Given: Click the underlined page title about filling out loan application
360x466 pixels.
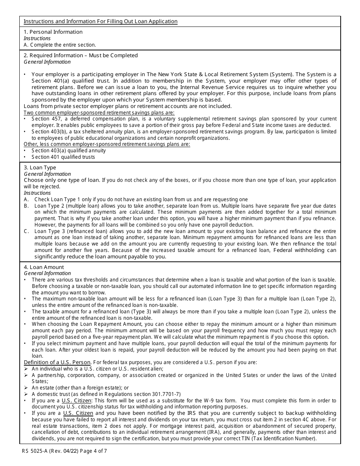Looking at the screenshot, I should pos(100,21).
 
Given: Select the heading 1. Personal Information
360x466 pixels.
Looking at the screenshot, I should pos(53,32).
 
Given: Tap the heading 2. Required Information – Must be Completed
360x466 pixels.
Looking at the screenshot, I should pos(81,55).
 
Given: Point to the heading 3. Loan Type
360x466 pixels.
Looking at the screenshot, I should pos(40,167).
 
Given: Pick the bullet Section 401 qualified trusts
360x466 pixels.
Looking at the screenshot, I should pos(63,157).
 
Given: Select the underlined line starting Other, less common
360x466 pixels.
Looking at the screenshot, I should pos(107,144).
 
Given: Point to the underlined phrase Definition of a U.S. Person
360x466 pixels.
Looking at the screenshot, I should pos(57,362).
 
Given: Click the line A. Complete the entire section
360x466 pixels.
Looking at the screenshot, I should pos(60,45).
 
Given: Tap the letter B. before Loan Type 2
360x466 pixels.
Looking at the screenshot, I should pos(26,206).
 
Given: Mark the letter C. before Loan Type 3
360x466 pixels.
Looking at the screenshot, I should pos(26,231).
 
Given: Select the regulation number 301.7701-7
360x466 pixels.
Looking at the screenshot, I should pos(166,394).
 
